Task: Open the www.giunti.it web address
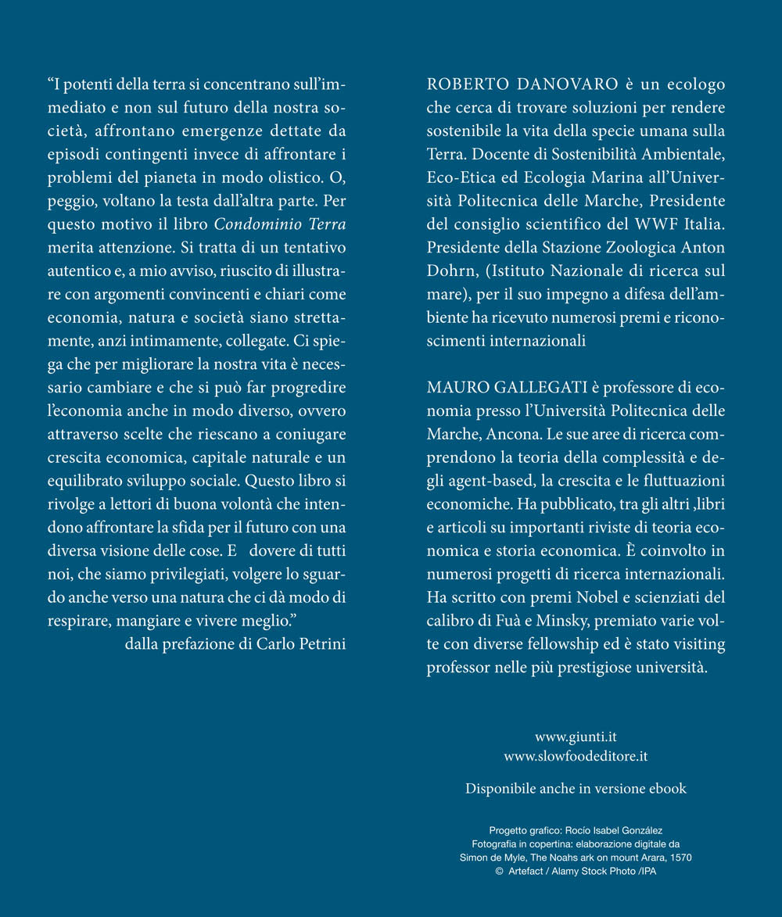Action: click(576, 736)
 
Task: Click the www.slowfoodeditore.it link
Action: click(576, 757)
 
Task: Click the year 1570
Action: click(678, 858)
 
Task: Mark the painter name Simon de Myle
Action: click(490, 858)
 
